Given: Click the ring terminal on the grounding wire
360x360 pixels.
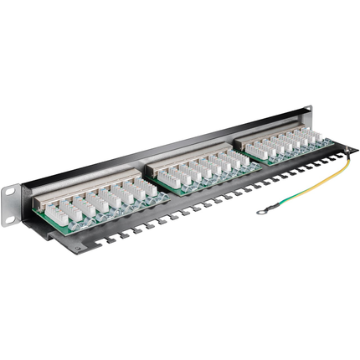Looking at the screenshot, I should point(262,210).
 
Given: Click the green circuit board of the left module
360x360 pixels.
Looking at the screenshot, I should point(92,215).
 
